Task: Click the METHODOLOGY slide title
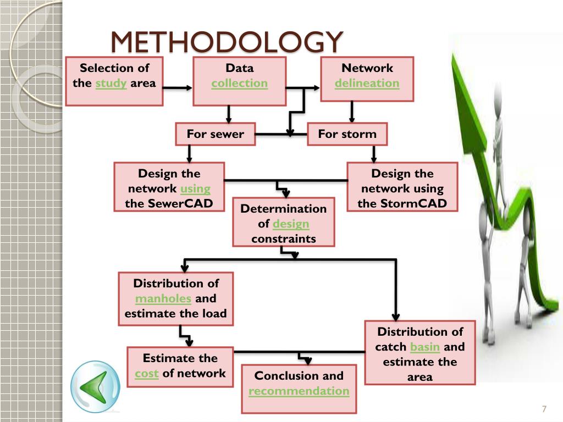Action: [x=227, y=42]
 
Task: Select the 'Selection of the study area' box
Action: [x=114, y=81]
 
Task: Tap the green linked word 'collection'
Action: [x=239, y=84]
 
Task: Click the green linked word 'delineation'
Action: [x=367, y=84]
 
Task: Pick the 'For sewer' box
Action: [x=215, y=134]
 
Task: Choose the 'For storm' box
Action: [x=347, y=134]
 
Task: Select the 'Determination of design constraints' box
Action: [x=283, y=222]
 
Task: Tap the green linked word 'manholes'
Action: [x=163, y=299]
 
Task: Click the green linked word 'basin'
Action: [x=425, y=347]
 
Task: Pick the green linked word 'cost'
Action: [x=147, y=374]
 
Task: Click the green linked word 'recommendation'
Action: [x=299, y=391]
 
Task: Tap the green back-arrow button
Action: [x=95, y=387]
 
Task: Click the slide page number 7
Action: [x=544, y=409]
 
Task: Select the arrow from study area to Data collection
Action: [x=178, y=87]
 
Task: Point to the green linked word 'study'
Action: [x=111, y=84]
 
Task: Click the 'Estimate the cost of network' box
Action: [x=180, y=367]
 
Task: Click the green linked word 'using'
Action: [x=195, y=189]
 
